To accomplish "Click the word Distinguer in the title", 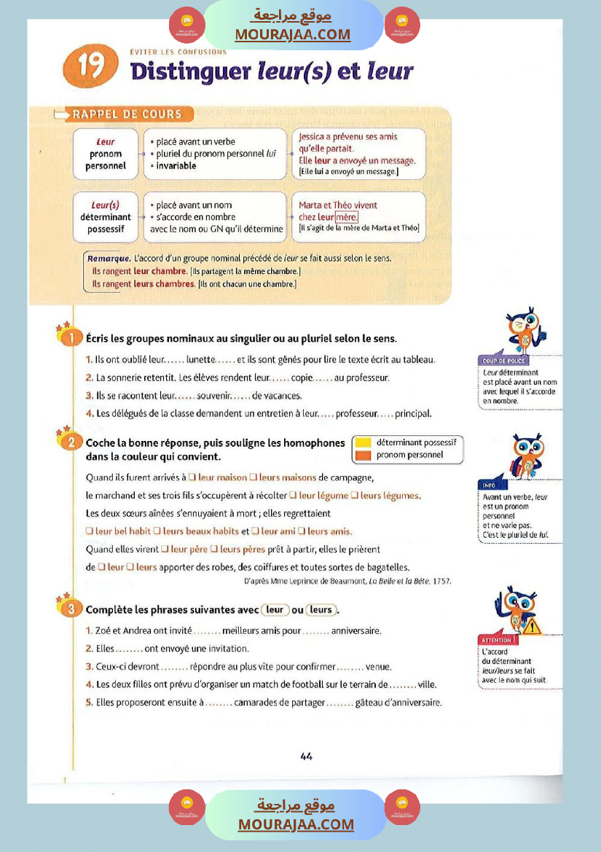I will click(190, 71).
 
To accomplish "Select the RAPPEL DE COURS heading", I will click(127, 114).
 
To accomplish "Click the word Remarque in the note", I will click(109, 258).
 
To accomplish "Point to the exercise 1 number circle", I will click(70, 338).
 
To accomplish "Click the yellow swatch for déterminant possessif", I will click(362, 442).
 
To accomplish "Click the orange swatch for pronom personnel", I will click(362, 455).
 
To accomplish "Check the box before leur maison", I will click(191, 478).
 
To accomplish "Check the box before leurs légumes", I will click(355, 496).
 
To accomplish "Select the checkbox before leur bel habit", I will click(90, 531).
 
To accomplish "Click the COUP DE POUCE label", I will click(504, 361).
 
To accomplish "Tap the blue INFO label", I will click(488, 485).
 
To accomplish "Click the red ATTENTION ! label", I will click(499, 640).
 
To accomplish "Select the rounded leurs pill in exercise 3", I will click(321, 610).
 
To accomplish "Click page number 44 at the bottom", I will click(306, 756).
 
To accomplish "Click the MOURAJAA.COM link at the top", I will click(292, 34).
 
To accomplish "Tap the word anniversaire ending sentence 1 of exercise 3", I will click(356, 630).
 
